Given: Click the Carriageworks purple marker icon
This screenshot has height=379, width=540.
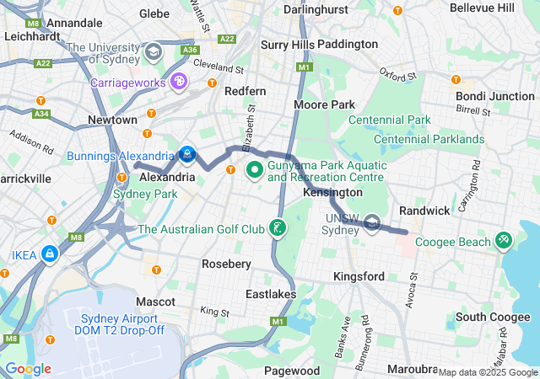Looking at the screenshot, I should click(178, 82).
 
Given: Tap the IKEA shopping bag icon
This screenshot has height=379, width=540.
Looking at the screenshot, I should click(51, 252).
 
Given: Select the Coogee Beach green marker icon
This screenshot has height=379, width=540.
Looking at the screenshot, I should click(504, 241).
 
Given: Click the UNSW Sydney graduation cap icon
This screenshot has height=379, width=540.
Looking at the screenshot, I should click(373, 224).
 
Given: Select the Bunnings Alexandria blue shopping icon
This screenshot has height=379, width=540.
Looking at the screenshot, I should click(186, 155).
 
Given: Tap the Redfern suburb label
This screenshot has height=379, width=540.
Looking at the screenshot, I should click(245, 91).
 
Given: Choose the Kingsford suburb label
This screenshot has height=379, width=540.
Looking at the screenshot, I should click(359, 276).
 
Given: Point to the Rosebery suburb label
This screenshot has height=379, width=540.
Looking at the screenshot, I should click(226, 264).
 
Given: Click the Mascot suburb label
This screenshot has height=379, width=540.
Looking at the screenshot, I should click(155, 301).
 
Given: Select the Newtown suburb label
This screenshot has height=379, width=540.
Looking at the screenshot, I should click(106, 120).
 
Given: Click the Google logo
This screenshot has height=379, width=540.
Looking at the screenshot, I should click(28, 368).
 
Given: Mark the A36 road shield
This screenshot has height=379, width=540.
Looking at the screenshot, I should click(190, 50).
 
